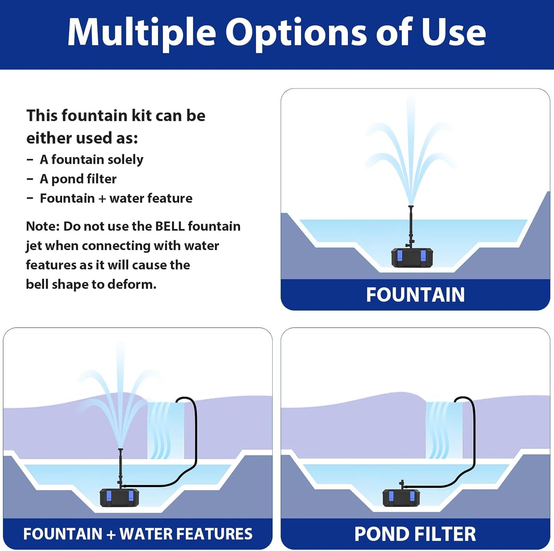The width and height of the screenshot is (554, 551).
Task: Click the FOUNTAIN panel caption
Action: [415, 294]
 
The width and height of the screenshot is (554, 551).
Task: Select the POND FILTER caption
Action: [415, 534]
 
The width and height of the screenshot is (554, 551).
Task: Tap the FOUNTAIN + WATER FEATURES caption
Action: [138, 534]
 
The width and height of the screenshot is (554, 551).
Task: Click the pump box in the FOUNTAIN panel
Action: [412, 257]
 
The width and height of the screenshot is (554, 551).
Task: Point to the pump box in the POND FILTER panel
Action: [401, 497]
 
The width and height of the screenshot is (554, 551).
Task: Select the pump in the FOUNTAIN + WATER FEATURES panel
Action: [119, 497]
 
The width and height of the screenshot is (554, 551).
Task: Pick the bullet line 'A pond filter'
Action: [78, 179]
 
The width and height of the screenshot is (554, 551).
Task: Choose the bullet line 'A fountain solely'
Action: [91, 159]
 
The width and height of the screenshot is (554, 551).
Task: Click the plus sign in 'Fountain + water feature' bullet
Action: [102, 198]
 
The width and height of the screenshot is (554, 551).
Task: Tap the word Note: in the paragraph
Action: [43, 226]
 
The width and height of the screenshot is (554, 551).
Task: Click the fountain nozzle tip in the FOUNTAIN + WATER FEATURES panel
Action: [120, 449]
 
